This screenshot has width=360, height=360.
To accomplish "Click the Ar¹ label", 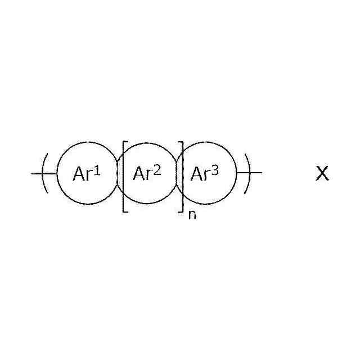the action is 86,174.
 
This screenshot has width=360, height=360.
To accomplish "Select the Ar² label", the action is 146,174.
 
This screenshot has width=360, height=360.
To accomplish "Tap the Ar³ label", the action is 204,174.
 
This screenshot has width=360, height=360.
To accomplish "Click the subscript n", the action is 192,215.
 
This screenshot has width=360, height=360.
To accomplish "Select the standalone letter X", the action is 322,174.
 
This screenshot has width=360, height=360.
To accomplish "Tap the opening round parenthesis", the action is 46,173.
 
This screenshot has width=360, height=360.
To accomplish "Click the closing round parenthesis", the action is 246,173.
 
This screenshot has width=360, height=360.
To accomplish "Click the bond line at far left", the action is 37,173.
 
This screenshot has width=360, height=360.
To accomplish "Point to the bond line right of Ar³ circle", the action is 256,173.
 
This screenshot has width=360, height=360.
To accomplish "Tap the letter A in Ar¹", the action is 79,174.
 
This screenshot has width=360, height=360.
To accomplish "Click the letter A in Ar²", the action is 139,174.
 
